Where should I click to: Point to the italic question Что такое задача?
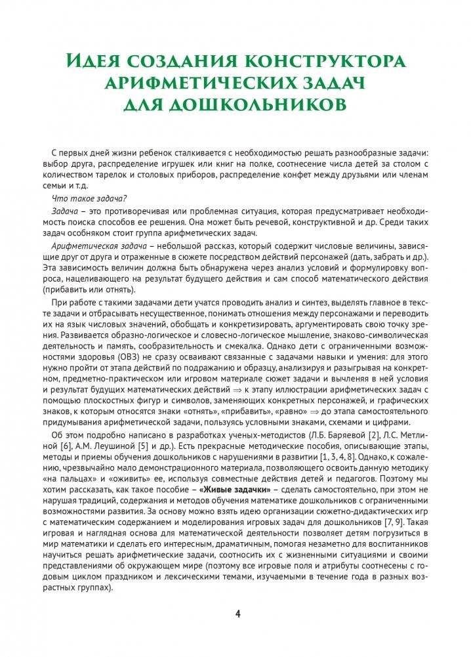pyautogui.click(x=89, y=199)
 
